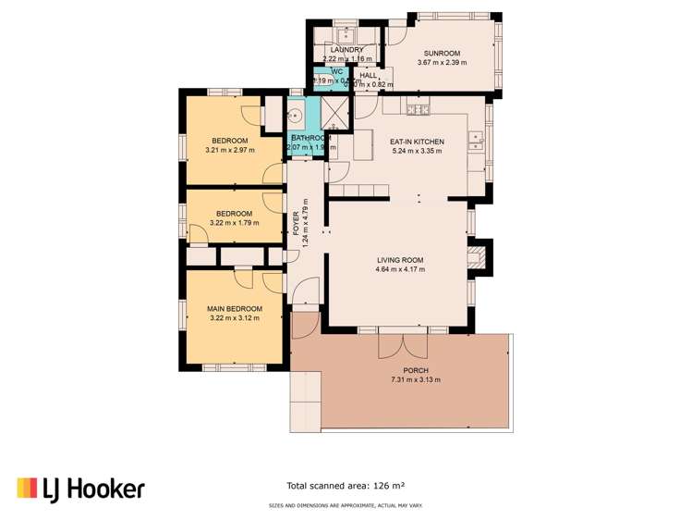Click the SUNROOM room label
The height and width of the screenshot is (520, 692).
pos(443,54)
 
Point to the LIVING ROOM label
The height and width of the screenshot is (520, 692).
pos(400,260)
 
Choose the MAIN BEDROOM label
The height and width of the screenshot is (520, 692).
pos(234,308)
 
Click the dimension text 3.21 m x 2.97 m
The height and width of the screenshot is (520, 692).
pos(229,150)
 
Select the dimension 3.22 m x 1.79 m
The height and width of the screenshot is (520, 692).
pos(234,222)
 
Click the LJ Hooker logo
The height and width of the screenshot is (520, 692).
pos(80,488)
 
